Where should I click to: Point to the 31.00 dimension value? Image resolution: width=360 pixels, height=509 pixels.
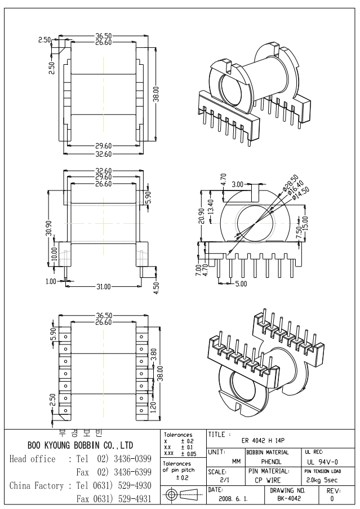[102, 287]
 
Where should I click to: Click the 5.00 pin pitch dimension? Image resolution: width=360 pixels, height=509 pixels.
[240, 284]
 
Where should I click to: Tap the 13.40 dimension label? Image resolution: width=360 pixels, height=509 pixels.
[210, 206]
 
